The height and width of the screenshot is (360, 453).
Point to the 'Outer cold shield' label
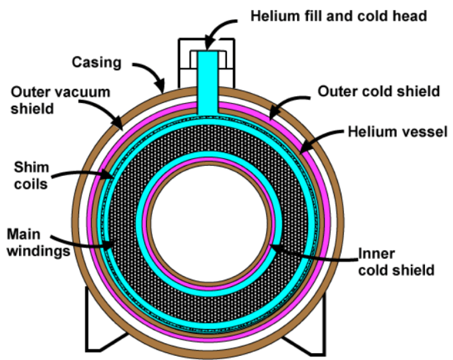coord(378,91)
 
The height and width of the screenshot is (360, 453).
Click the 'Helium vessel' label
coord(397,132)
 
